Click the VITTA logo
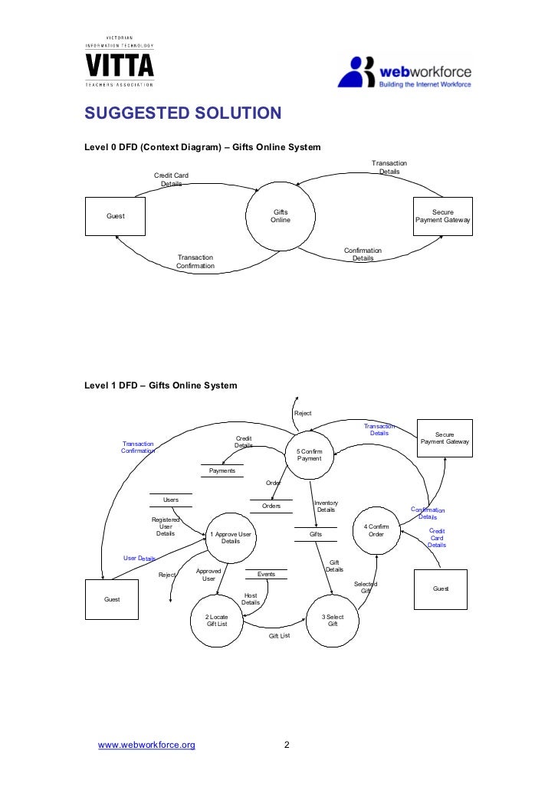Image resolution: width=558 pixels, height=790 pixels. coord(119,61)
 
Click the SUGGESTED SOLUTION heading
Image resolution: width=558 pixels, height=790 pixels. coord(183,114)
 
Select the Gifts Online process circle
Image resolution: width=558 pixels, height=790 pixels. coord(281,216)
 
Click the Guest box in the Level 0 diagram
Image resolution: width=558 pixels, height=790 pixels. coord(116,216)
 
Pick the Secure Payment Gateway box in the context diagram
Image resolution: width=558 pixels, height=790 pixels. coord(442,216)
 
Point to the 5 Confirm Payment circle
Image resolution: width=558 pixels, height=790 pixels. coord(310,455)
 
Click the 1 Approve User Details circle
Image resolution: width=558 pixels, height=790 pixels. coord(230,537)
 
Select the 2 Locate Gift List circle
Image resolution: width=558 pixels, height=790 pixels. coord(217,620)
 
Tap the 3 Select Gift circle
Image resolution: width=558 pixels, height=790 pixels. coord(333,620)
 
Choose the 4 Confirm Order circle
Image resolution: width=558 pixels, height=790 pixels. coord(376,530)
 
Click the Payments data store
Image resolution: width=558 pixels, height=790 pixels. coord(222,470)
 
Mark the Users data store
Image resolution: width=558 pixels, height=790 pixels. coord(170,500)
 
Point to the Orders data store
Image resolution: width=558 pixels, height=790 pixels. coord(271,506)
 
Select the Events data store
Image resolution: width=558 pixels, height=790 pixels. coord(266,574)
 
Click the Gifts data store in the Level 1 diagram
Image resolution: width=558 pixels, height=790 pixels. coord(315,533)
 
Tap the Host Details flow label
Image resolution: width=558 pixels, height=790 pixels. coord(251,598)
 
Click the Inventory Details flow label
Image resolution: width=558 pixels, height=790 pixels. coord(326,506)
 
